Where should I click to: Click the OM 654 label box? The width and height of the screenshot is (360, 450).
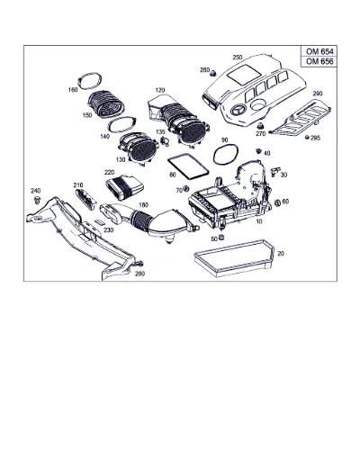tap(319, 51)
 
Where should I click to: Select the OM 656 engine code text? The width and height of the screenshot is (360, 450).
tap(319, 61)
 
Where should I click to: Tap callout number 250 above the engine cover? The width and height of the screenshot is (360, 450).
tap(238, 58)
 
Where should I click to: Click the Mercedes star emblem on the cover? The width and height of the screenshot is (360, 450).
tap(237, 110)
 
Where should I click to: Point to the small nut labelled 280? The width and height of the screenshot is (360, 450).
tap(213, 73)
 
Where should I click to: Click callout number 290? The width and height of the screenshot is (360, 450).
tap(318, 94)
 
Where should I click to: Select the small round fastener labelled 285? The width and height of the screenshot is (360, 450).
tap(307, 138)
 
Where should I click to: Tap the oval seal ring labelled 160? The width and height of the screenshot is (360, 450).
tap(89, 80)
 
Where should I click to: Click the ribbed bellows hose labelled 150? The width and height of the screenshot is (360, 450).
tap(105, 103)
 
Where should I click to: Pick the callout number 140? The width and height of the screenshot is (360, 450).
tap(104, 137)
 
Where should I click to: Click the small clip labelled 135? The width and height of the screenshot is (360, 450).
tap(165, 140)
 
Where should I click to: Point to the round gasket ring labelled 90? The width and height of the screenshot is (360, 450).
tap(226, 155)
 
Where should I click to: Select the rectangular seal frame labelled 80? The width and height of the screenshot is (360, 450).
tap(188, 166)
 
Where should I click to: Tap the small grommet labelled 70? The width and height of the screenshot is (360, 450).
tap(186, 189)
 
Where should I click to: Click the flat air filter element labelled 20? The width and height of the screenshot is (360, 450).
tap(234, 257)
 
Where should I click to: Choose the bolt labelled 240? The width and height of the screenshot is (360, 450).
tap(38, 200)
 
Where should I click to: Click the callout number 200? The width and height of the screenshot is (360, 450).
tap(139, 274)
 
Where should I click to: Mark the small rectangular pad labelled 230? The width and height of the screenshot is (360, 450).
tap(100, 222)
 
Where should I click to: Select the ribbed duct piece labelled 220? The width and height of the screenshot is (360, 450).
tap(124, 187)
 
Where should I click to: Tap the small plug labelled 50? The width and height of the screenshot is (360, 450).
tap(221, 237)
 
